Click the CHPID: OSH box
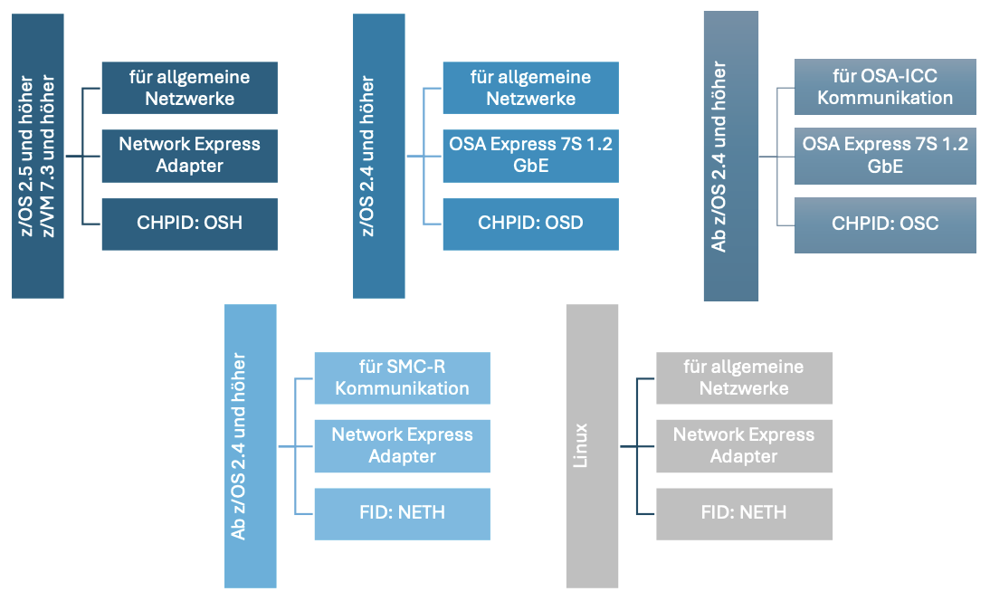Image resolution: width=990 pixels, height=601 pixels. pos(189,223)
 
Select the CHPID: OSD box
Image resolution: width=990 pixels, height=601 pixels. pos(530,223)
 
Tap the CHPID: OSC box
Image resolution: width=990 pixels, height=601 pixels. pos(885,224)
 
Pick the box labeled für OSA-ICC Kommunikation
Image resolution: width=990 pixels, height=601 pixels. pos(885,87)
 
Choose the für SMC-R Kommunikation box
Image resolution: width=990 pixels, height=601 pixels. pos(402,377)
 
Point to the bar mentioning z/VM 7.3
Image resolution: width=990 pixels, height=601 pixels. pos(38,156)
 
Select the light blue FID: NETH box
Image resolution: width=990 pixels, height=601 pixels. pos(402,513)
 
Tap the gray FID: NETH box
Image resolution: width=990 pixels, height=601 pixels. pos(744,513)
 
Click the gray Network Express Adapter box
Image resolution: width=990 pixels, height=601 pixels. pos(744,445)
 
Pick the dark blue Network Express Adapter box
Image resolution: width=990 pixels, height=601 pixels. pos(189,155)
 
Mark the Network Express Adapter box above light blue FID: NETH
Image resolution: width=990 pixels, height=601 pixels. pos(402,445)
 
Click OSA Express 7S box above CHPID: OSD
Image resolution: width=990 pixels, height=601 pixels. pos(530,155)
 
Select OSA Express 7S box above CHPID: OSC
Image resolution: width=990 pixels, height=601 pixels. pos(885,155)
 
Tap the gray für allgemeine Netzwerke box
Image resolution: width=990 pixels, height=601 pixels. pos(744,377)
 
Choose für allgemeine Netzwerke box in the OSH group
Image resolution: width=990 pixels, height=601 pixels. pos(189,87)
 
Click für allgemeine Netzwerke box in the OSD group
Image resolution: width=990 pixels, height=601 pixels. pos(530,87)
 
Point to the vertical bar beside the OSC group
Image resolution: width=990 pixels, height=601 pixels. pos(731,156)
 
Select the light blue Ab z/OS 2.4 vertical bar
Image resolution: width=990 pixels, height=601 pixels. pos(251,445)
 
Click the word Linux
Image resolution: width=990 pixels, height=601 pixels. pos(582,445)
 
